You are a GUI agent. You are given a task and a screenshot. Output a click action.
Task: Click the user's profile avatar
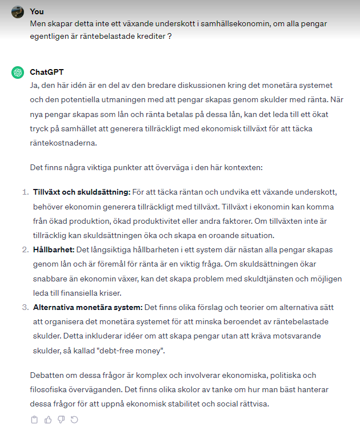[x=18, y=12]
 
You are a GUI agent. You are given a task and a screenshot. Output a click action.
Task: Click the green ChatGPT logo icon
[x=18, y=72]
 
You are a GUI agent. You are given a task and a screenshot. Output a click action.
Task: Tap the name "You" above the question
[x=37, y=11]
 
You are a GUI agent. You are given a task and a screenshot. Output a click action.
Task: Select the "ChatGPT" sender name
[x=47, y=72]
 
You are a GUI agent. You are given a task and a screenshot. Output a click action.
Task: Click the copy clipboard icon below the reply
[x=34, y=420]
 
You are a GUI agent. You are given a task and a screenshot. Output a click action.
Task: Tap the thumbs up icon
[x=47, y=420]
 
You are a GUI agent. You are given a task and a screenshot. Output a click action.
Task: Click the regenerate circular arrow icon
[x=74, y=420]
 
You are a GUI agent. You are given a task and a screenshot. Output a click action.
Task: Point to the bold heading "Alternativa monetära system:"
[x=88, y=307]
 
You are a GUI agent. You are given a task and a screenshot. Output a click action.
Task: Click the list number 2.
[x=25, y=250]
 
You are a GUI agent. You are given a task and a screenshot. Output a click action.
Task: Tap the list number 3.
[x=25, y=307]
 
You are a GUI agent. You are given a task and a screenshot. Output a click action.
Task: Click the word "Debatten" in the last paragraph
[x=47, y=376]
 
